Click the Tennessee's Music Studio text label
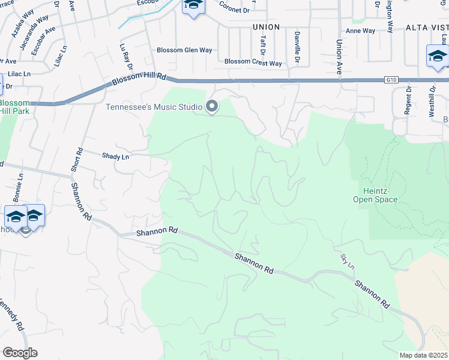pyautogui.click(x=154, y=107)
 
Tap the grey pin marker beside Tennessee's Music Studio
pyautogui.click(x=211, y=106)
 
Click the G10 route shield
pyautogui.click(x=393, y=79)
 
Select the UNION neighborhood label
pyautogui.click(x=267, y=27)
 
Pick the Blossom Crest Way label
pyautogui.click(x=253, y=62)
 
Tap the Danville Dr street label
pyautogui.click(x=297, y=52)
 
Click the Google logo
pyautogui.click(x=20, y=353)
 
